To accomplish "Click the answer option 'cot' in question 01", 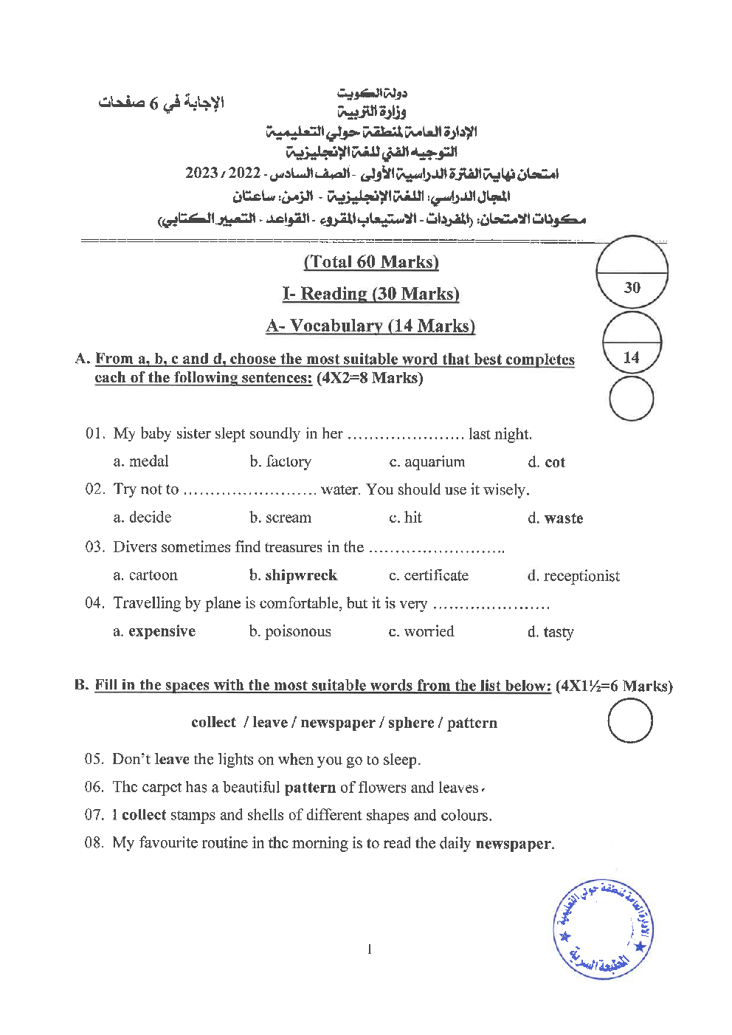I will point(554,462).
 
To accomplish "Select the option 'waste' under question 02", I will point(563,518).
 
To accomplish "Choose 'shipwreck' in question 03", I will point(300,575).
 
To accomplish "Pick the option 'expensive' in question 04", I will point(162,631).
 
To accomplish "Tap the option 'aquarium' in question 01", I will point(435,462).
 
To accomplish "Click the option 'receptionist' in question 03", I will point(581,576).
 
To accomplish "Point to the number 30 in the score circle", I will point(632,288).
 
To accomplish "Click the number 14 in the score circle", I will point(631,358).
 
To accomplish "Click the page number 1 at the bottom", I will point(369,949).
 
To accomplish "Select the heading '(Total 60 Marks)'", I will point(371,262).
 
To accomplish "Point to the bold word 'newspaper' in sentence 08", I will point(514,843).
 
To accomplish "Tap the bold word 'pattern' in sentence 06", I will point(310,788).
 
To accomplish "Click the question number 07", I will point(94,816).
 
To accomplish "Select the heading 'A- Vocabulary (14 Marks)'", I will point(370,326).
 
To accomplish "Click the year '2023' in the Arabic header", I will point(201,174).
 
